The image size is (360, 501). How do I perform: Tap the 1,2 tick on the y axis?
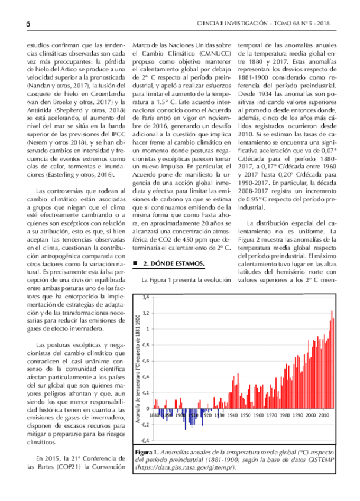[x=146, y=313]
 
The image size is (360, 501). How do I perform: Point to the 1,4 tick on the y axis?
[x=146, y=297]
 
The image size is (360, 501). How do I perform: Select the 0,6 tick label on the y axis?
[x=146, y=360]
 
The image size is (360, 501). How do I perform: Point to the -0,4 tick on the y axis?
[x=145, y=440]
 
